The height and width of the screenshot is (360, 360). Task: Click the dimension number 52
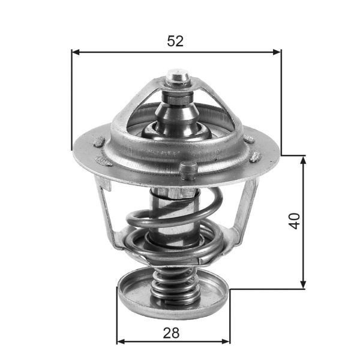(x=175, y=41)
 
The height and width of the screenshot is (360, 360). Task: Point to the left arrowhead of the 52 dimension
(x=76, y=52)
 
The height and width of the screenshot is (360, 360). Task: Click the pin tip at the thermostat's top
(x=178, y=76)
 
